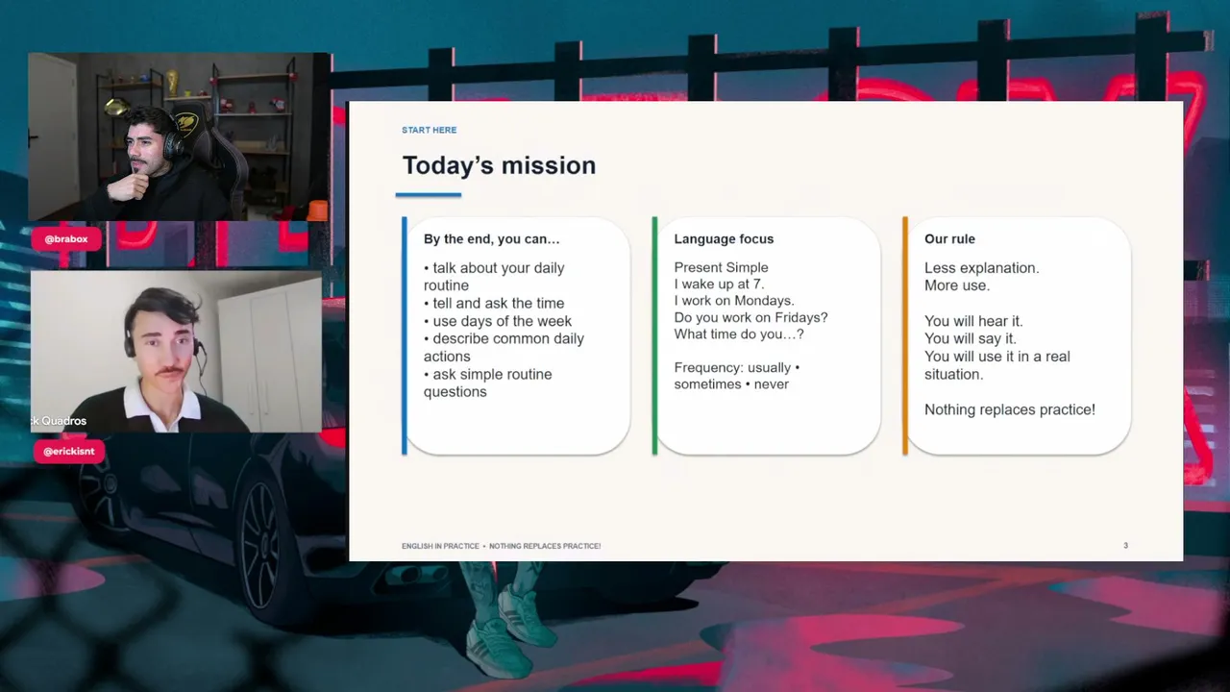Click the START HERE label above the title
click(x=429, y=130)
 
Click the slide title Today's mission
click(x=499, y=166)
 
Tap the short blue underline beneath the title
click(x=429, y=195)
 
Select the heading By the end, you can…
click(x=491, y=239)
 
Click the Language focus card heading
click(x=724, y=239)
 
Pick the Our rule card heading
click(x=949, y=239)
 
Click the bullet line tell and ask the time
click(x=494, y=303)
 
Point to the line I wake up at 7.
click(x=719, y=284)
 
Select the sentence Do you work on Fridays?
click(x=750, y=317)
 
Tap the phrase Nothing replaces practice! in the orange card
click(x=1010, y=409)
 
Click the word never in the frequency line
click(x=771, y=384)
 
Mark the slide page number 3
click(x=1125, y=545)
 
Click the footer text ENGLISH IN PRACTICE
click(x=440, y=546)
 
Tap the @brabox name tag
click(x=66, y=239)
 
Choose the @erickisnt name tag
click(x=69, y=452)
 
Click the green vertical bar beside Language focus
click(x=654, y=335)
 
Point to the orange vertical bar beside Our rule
click(x=905, y=335)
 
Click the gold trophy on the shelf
click(x=172, y=83)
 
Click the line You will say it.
click(x=971, y=339)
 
